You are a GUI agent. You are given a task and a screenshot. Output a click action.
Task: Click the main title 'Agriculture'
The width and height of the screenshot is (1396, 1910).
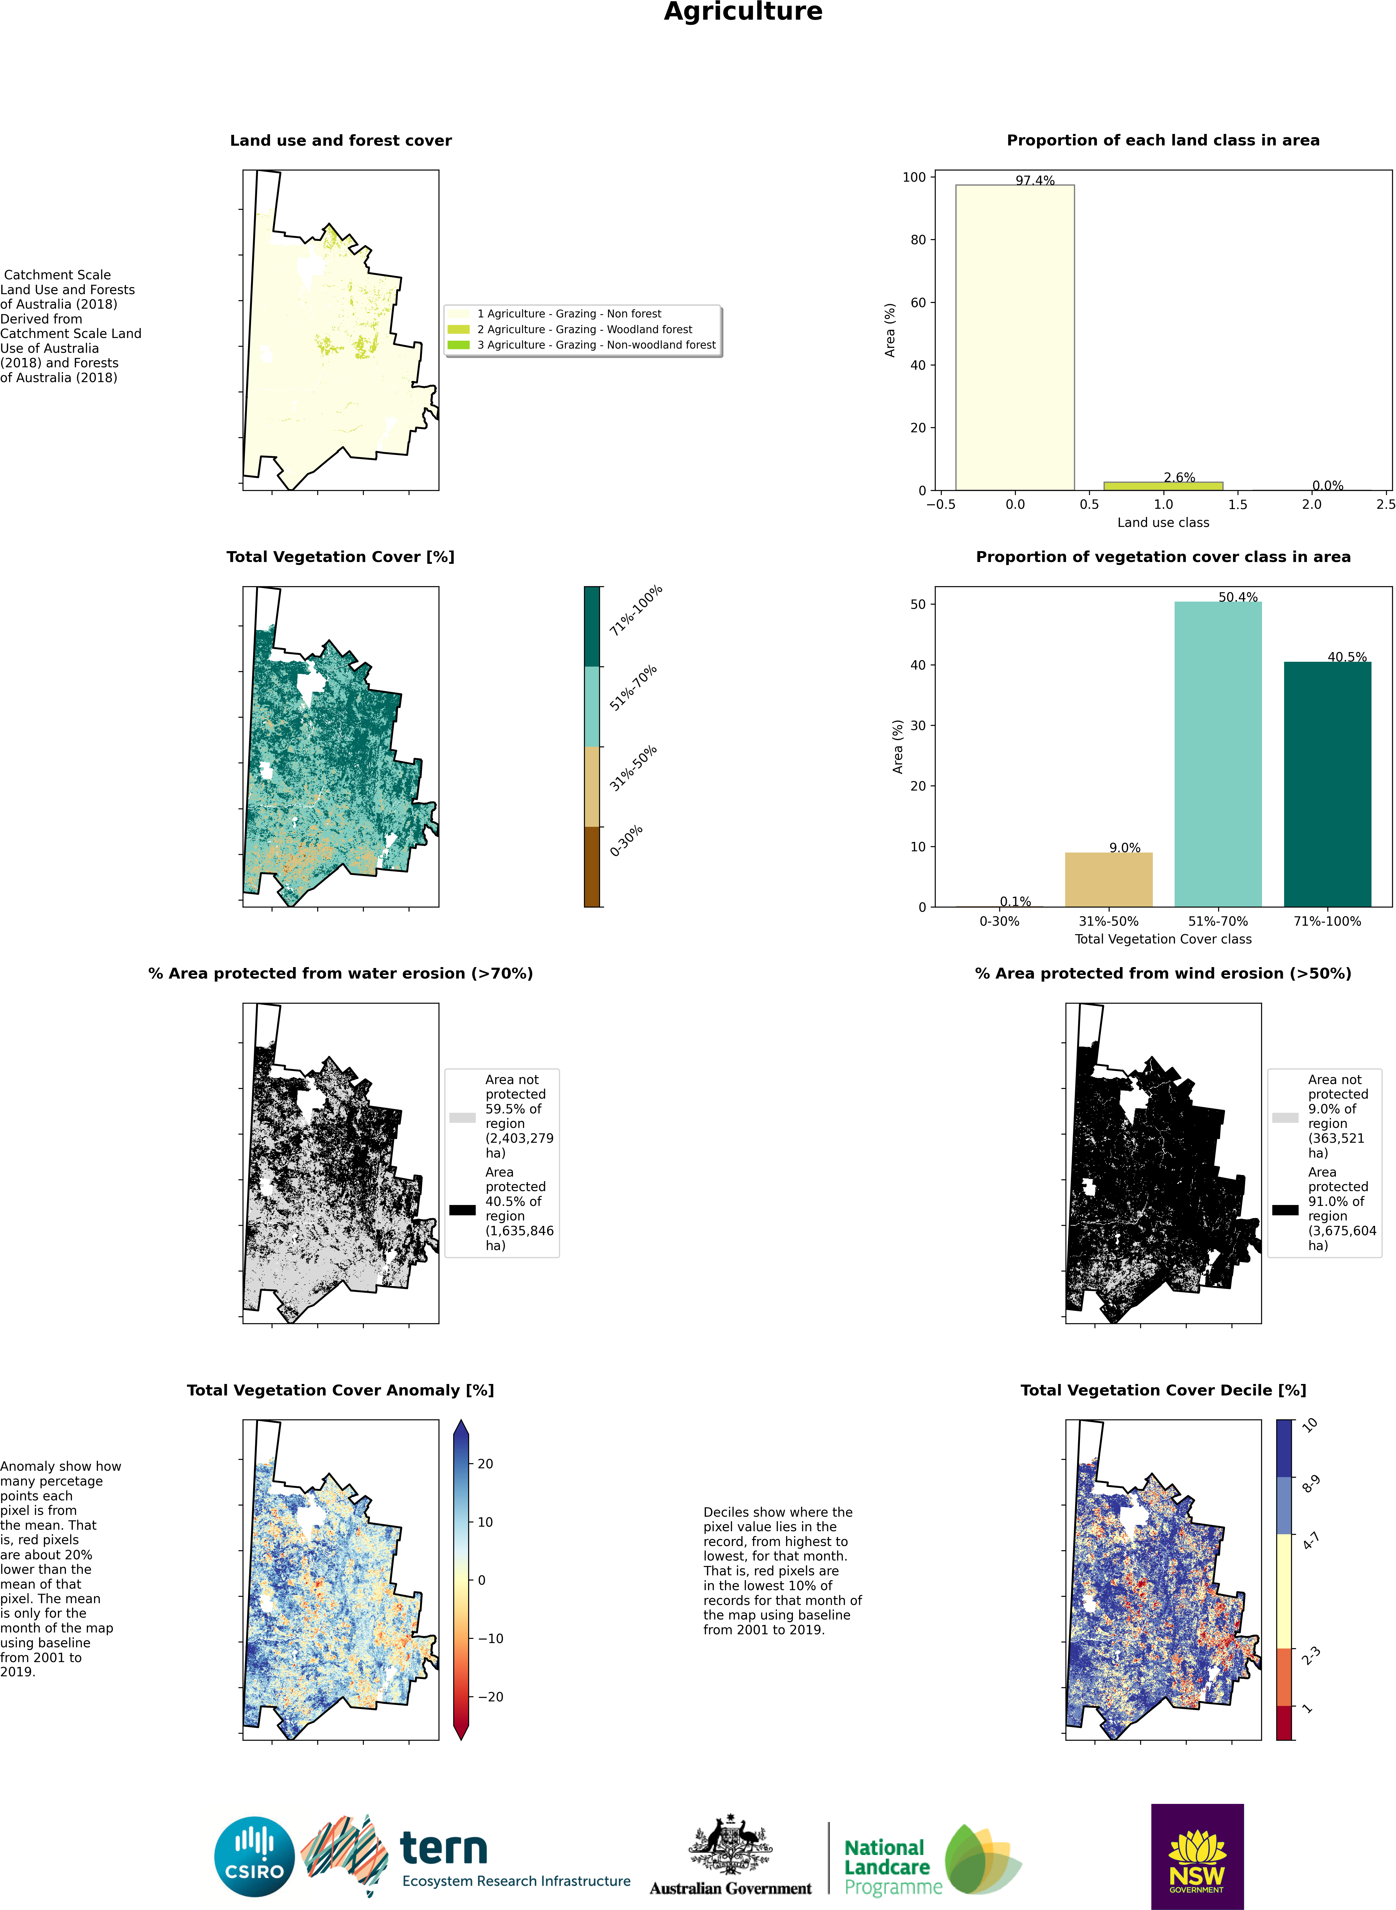(x=743, y=12)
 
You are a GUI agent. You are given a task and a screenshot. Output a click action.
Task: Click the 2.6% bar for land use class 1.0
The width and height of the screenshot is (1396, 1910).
(x=1163, y=486)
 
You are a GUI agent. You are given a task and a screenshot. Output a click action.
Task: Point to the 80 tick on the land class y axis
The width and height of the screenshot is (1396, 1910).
(x=918, y=240)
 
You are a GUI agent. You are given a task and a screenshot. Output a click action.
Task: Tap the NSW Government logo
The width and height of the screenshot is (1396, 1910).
(x=1197, y=1855)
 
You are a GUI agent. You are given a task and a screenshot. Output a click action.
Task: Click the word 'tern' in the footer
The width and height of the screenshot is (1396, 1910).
(x=444, y=1848)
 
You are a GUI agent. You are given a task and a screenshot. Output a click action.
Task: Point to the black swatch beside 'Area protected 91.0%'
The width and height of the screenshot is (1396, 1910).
(x=1284, y=1210)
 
